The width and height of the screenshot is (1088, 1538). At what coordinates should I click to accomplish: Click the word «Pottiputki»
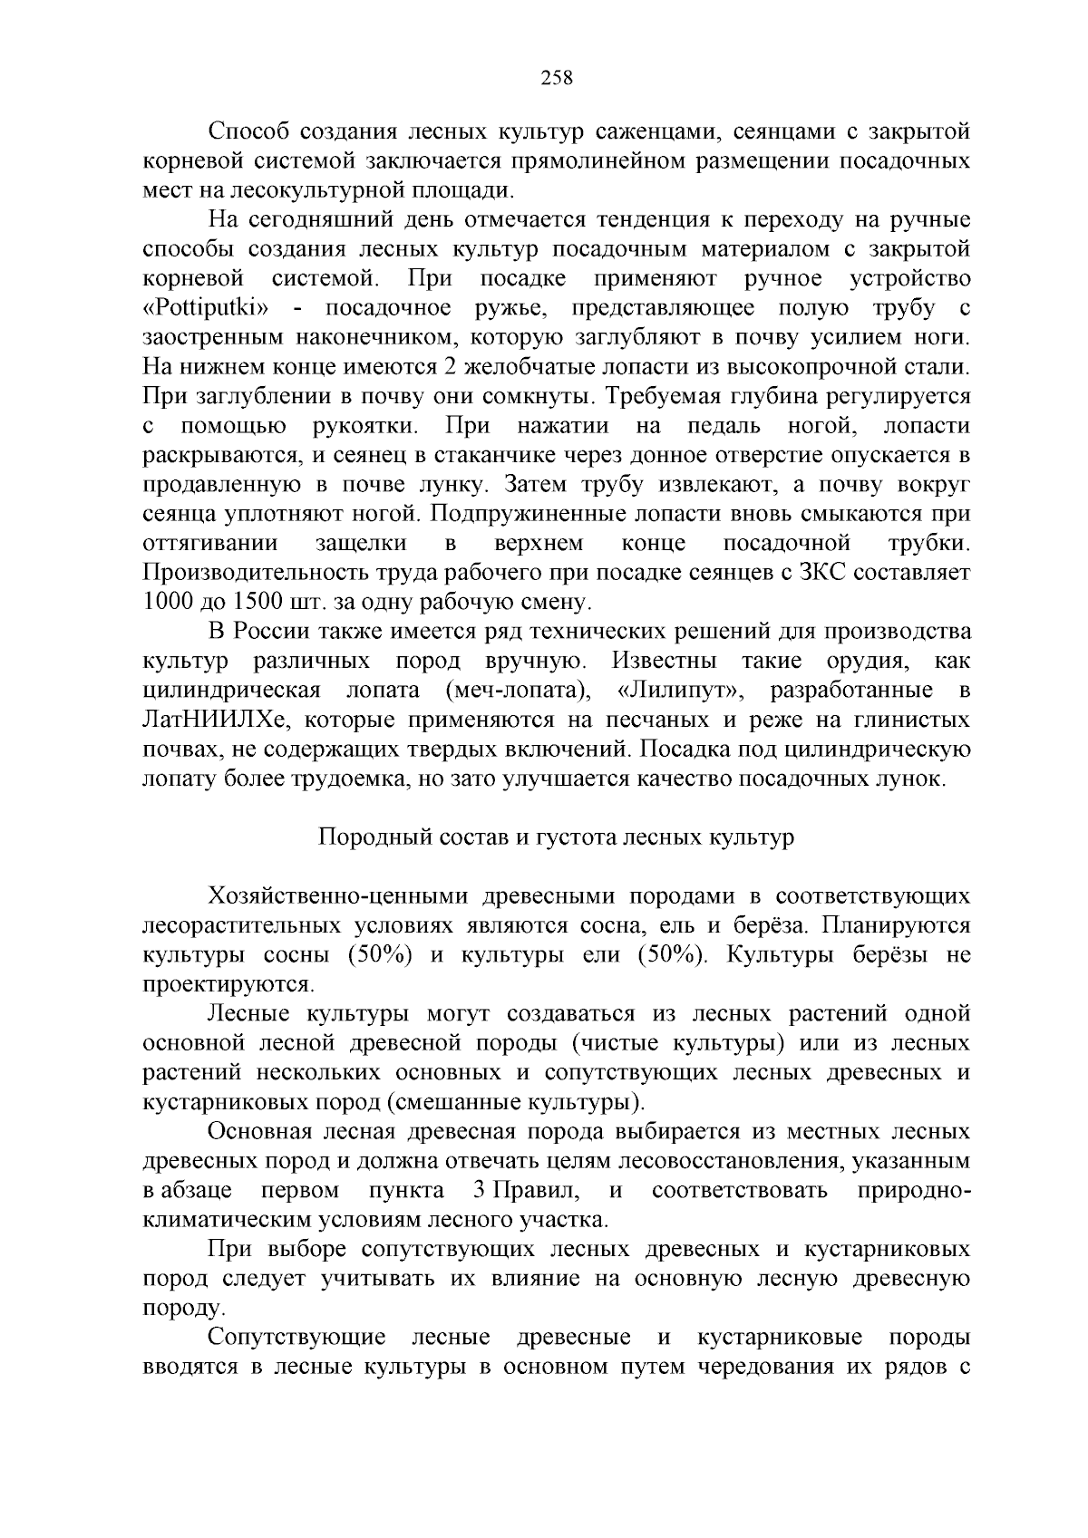[215, 308]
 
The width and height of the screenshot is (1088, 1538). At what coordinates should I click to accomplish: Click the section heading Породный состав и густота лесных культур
[556, 837]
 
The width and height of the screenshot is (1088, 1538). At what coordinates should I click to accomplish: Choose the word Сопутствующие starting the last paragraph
[296, 1338]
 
